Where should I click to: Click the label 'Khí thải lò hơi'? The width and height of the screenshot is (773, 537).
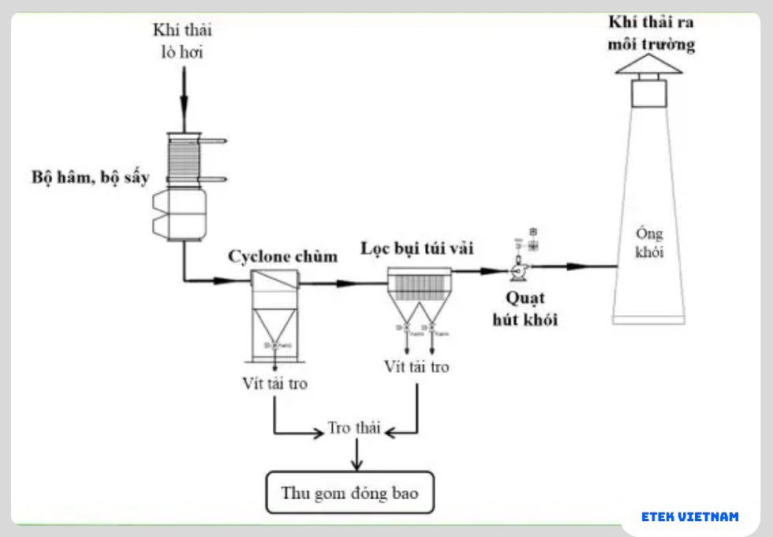pos(183,41)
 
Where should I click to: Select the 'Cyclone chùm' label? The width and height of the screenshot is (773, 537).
pos(282,257)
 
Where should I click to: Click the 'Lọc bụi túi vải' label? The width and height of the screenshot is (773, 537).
pos(417,248)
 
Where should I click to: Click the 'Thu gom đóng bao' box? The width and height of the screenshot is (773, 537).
pos(349,494)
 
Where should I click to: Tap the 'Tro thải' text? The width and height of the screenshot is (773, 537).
pos(354,428)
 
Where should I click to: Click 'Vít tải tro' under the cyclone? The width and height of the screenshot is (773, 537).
pos(275,385)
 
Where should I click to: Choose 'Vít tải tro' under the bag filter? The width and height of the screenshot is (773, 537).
pos(416,366)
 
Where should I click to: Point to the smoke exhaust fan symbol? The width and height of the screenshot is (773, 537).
pos(518,270)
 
